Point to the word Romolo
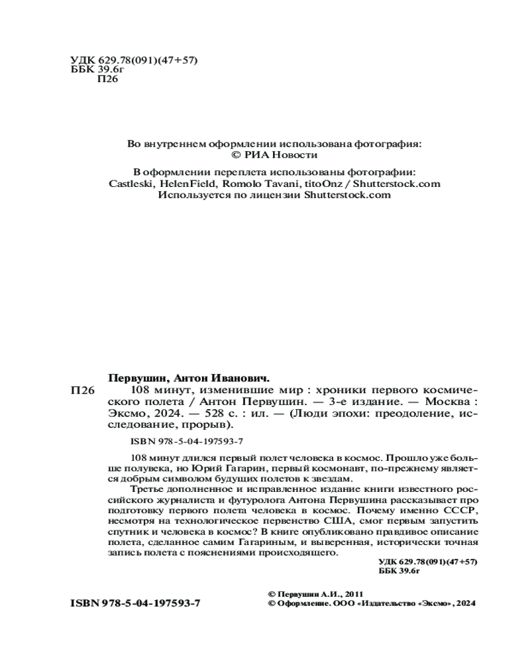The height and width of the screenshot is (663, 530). pos(242,183)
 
